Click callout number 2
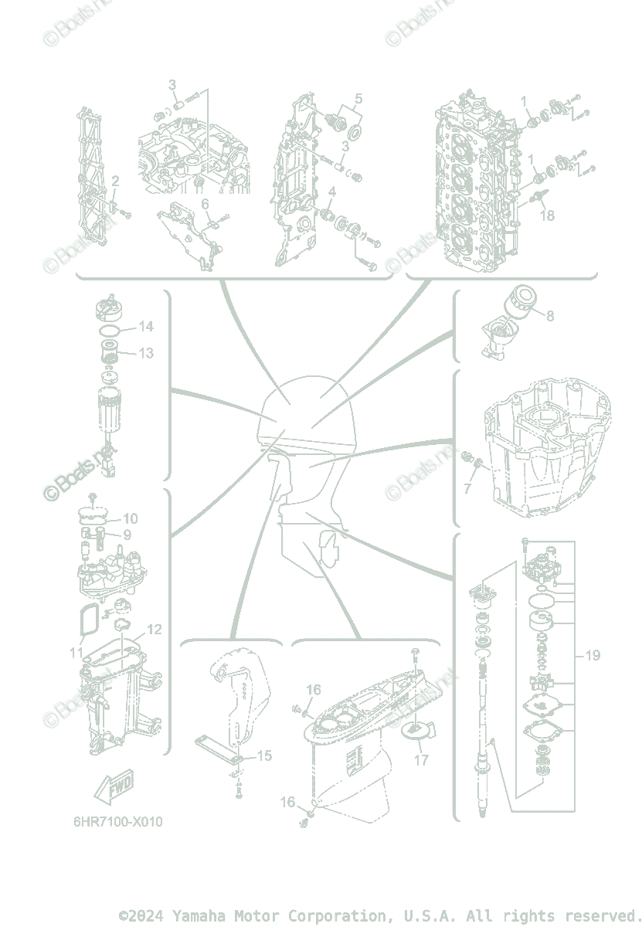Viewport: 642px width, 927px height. (x=115, y=182)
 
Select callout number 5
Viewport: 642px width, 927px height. (x=358, y=98)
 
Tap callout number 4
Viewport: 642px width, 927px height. (x=331, y=192)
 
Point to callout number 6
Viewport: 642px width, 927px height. (x=206, y=203)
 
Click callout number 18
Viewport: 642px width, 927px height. (x=547, y=216)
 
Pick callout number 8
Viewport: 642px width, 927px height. (x=549, y=316)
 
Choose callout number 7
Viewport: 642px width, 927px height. (x=467, y=488)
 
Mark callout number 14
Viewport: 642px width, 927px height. (x=146, y=327)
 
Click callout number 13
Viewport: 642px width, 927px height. (x=146, y=353)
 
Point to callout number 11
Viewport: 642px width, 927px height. (x=76, y=652)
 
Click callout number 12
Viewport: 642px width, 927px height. (x=155, y=630)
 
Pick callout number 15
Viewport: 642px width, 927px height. (x=264, y=756)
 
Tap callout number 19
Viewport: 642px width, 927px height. (x=593, y=656)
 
